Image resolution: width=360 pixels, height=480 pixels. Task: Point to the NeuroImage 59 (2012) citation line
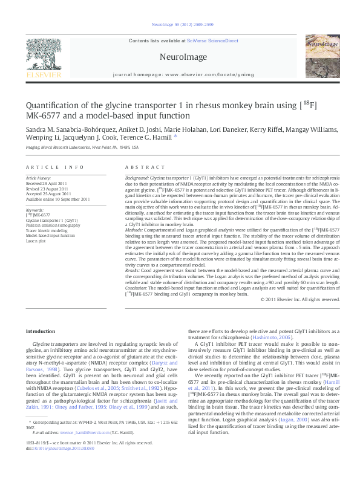pyautogui.click(x=180, y=25)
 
